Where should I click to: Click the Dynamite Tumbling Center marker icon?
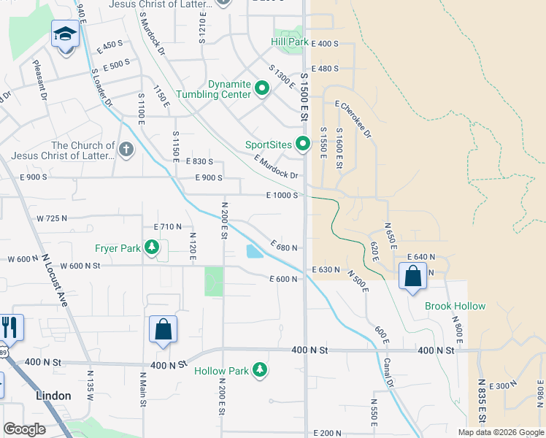click(x=262, y=89)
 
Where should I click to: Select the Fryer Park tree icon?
click(x=151, y=248)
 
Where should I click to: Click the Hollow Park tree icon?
click(x=260, y=371)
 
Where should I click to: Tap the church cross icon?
click(x=126, y=150)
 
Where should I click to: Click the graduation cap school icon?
click(x=65, y=34)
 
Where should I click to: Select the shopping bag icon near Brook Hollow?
click(x=412, y=277)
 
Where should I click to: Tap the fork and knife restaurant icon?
click(x=10, y=327)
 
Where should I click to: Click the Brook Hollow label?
click(x=455, y=306)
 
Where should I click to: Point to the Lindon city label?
click(x=54, y=395)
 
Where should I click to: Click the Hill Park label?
click(x=289, y=42)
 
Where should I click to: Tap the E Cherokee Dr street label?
click(x=354, y=120)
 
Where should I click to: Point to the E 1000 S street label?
click(x=281, y=195)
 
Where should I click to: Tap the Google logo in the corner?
click(x=24, y=429)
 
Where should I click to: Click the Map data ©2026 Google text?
click(x=501, y=432)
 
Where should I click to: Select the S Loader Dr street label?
click(x=101, y=88)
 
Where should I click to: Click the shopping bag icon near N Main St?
click(x=163, y=329)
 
